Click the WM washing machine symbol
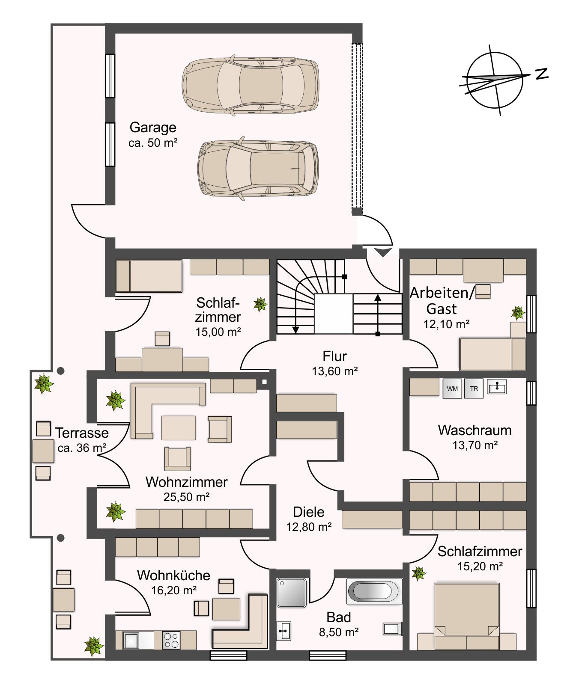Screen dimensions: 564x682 [453, 388]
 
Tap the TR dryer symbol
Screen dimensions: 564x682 [474, 388]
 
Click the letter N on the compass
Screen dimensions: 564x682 [542, 74]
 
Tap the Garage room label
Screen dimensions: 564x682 [153, 128]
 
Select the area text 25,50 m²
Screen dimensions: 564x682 [186, 497]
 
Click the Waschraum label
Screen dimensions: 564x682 [475, 430]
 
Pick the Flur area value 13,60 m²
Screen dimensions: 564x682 [335, 371]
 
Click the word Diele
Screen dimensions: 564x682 [309, 512]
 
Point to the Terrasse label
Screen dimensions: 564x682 [82, 433]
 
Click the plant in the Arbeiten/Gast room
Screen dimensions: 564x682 [518, 313]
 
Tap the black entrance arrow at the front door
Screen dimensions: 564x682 [382, 252]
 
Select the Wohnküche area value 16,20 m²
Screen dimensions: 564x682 [173, 590]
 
